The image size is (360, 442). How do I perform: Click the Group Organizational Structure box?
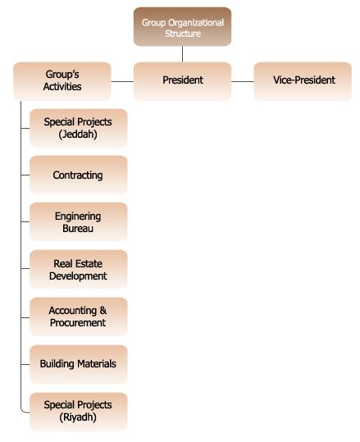pos(182,27)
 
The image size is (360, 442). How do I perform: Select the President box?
pos(182,81)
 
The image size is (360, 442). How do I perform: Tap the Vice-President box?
pos(303,81)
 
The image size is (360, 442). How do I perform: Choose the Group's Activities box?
pos(62,81)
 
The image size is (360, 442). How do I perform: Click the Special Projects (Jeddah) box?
pos(79,128)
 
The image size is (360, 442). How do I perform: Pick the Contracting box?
pos(79,175)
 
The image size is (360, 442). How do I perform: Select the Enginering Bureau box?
pos(79,222)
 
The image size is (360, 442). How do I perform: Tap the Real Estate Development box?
pos(79,269)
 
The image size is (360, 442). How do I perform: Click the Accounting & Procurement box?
pos(79,317)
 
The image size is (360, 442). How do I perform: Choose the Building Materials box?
pos(79,364)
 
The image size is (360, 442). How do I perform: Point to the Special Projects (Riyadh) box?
pos(79,412)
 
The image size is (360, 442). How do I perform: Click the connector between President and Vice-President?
pos(243,81)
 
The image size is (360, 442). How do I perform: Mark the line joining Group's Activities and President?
pos(122,81)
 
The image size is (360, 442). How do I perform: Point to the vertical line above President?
pos(182,54)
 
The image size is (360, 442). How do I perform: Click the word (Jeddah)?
pos(78,134)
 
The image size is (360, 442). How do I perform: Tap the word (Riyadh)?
pos(78,417)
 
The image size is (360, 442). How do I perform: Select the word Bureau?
pos(78,228)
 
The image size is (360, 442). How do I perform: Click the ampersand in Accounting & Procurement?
pos(103,310)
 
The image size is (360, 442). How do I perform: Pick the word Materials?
pos(97,363)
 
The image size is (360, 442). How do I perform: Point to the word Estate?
pos(89,263)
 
